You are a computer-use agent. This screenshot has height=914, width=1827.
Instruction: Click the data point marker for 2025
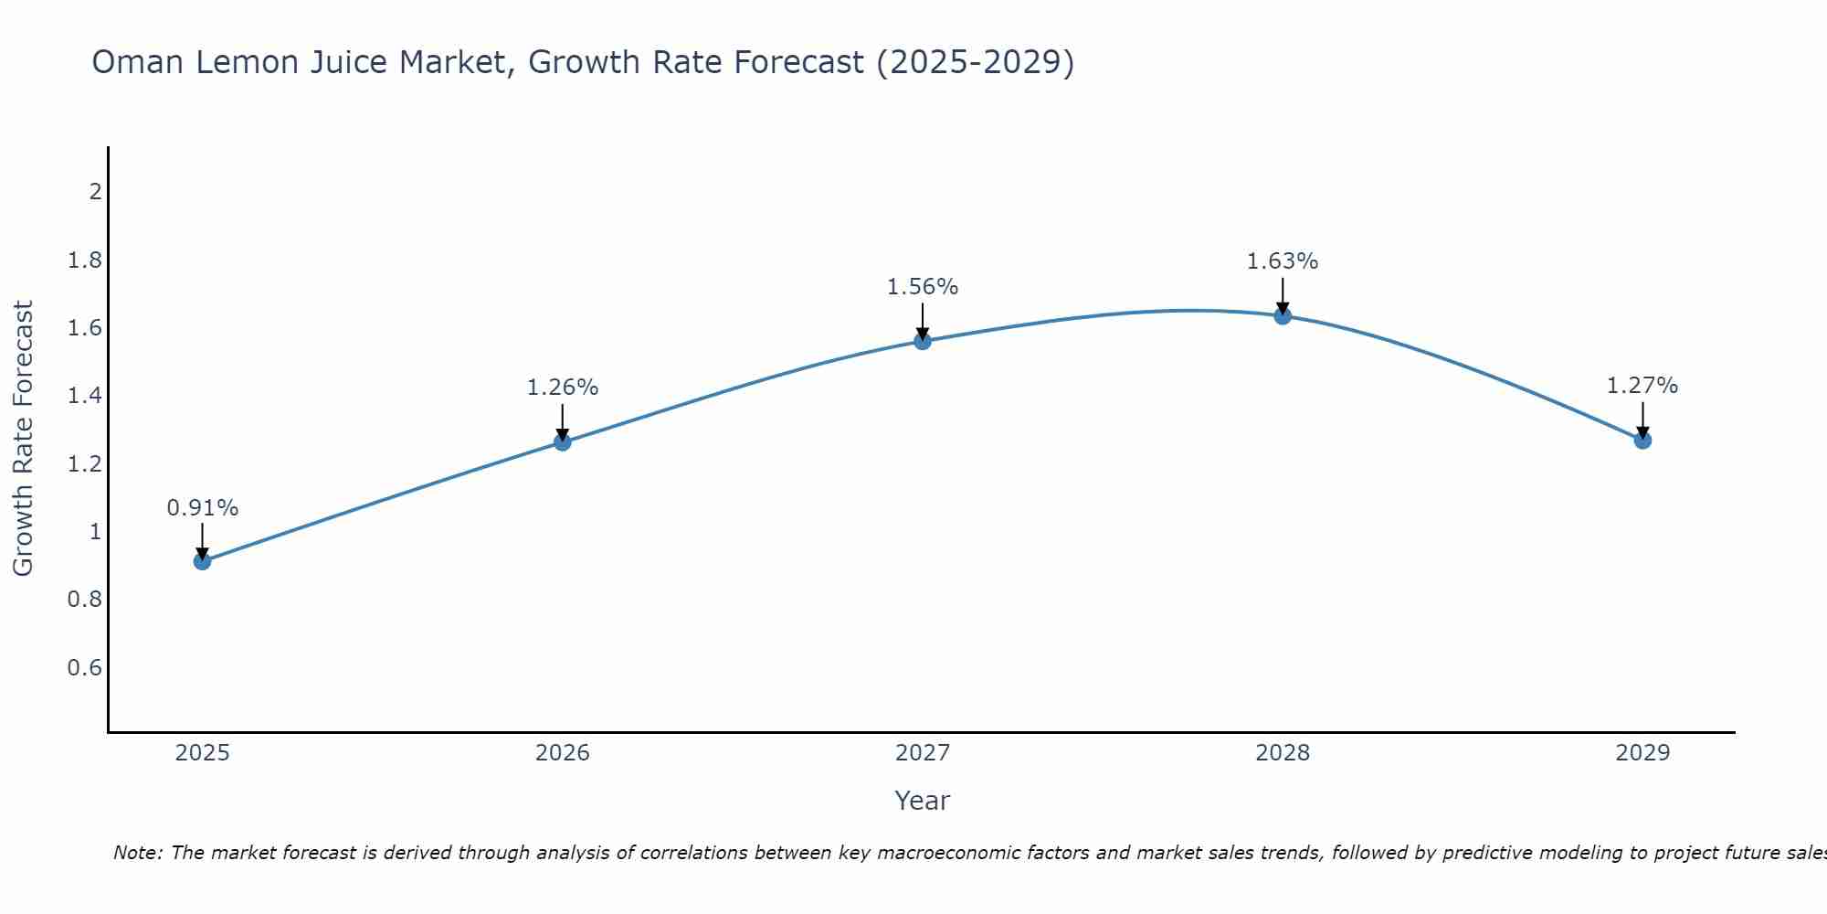(203, 560)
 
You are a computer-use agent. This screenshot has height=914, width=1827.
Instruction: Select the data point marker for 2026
(563, 441)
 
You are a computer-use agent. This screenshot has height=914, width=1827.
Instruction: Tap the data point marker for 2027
(923, 341)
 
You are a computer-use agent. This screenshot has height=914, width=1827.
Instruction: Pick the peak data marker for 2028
(1283, 316)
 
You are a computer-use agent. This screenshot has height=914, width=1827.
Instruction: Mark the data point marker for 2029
(1642, 440)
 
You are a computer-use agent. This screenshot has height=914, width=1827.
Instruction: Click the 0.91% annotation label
(203, 508)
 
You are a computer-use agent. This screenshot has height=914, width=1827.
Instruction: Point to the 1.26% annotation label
(563, 388)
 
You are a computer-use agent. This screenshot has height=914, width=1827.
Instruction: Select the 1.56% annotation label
(923, 287)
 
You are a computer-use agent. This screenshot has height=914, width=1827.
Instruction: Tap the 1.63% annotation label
(1283, 261)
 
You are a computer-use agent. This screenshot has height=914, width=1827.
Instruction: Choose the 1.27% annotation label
(1642, 386)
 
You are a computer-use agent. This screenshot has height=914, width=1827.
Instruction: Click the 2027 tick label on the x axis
(923, 753)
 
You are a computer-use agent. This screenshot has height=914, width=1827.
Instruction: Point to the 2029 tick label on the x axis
(1642, 753)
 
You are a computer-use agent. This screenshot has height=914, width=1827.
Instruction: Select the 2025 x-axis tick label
(203, 753)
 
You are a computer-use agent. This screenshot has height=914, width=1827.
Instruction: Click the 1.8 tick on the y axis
(85, 260)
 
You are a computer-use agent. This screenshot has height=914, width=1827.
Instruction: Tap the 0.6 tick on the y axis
(85, 668)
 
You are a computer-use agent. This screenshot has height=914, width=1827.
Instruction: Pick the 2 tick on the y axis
(95, 192)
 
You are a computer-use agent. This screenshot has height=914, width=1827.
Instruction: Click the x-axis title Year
(923, 801)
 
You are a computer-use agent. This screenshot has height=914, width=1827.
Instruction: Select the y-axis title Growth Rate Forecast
(23, 439)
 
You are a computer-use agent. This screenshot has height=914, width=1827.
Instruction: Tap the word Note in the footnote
(137, 853)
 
